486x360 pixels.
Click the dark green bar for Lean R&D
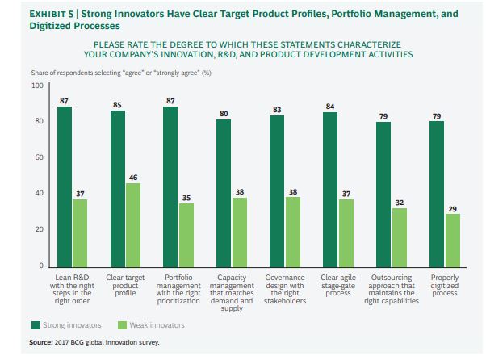[65, 186]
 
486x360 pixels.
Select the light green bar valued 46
[132, 224]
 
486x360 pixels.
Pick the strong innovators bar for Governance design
[277, 190]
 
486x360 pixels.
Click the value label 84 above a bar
[329, 106]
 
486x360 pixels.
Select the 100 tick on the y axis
[37, 86]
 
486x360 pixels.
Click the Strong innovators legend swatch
[36, 324]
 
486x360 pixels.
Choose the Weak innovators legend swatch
[122, 324]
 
